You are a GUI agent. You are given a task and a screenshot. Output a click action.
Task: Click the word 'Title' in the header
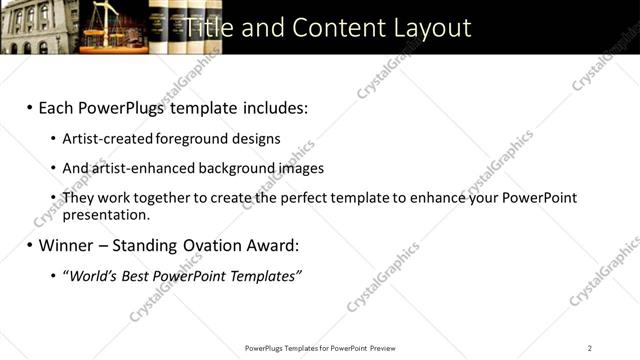[214, 27]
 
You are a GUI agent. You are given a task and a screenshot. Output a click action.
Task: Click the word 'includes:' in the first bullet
[271, 107]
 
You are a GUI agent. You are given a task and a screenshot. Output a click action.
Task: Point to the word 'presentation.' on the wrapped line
[106, 214]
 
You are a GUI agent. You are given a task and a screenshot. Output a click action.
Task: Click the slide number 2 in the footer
[589, 348]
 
